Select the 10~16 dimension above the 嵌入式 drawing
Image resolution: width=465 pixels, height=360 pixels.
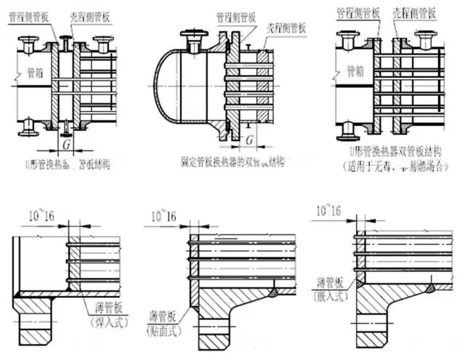(x=328, y=210)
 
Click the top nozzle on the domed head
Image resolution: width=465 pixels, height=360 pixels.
(x=195, y=37)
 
